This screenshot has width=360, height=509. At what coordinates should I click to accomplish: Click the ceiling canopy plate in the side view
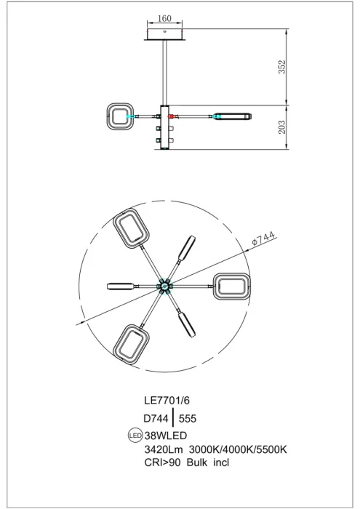click(x=166, y=35)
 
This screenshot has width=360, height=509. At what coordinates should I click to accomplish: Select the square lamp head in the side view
click(x=119, y=116)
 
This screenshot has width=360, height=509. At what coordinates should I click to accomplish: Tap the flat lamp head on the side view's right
click(x=231, y=116)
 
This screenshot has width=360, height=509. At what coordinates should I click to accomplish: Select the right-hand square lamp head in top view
click(x=232, y=287)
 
